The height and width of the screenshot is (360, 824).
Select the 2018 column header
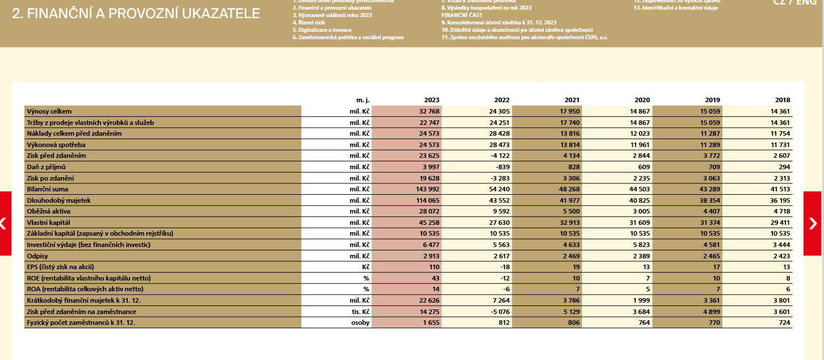pos(783,99)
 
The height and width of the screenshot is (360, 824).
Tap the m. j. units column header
pos(363,99)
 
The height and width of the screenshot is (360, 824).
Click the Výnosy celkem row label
pos(49,111)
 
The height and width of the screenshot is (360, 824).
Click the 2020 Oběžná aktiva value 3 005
pos(640,211)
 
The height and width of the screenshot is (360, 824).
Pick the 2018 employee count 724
pos(784,323)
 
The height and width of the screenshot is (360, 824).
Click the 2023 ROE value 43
pos(435,278)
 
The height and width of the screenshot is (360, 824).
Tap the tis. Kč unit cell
pos(359,312)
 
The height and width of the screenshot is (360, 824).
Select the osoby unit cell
pos(360,323)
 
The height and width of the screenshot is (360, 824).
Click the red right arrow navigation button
pos(813,223)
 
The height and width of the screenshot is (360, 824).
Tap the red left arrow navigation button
pos(5,223)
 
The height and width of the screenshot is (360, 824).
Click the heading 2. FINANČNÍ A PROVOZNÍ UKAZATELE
pos(136,14)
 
